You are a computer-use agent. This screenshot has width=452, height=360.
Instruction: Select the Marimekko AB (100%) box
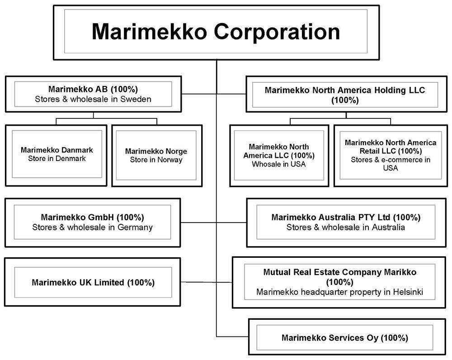[x=93, y=94]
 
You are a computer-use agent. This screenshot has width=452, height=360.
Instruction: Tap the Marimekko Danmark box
[x=56, y=154]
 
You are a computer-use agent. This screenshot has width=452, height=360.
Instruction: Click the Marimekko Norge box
[x=156, y=155]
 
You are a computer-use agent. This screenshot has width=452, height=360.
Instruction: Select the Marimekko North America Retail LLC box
[x=391, y=155]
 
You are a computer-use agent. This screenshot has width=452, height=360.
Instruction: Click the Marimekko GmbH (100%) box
[x=92, y=222]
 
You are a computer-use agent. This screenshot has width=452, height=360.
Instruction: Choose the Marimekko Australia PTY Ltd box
[x=346, y=222]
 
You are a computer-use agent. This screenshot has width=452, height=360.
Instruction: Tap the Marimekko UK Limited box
[x=93, y=283]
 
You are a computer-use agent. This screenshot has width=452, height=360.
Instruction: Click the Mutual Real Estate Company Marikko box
[x=339, y=282]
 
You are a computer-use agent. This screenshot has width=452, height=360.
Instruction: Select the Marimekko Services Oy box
[x=344, y=338]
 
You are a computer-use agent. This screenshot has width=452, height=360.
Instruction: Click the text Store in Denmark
[x=56, y=159]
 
